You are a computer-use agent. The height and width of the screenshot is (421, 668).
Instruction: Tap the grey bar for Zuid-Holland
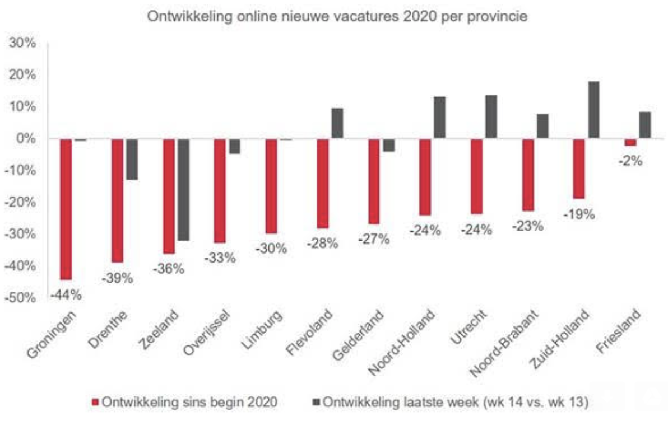(x=593, y=110)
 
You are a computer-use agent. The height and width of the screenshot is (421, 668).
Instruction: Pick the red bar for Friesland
(x=630, y=142)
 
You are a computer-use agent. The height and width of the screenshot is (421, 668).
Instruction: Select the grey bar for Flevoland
(x=337, y=123)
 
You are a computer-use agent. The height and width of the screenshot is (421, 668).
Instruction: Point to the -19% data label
(x=579, y=214)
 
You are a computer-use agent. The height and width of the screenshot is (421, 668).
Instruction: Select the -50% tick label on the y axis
(x=20, y=297)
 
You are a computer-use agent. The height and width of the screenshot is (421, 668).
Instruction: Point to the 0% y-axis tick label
(x=25, y=138)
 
